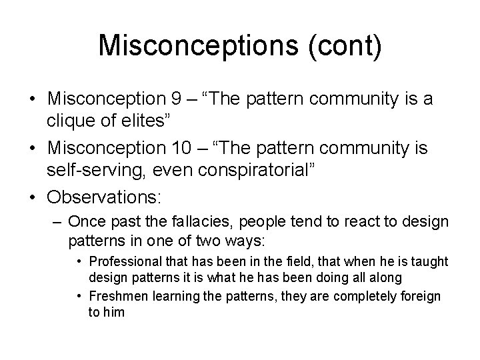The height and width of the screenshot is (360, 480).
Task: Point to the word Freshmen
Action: [x=119, y=295]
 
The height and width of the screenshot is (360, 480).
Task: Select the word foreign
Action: [x=419, y=295]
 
